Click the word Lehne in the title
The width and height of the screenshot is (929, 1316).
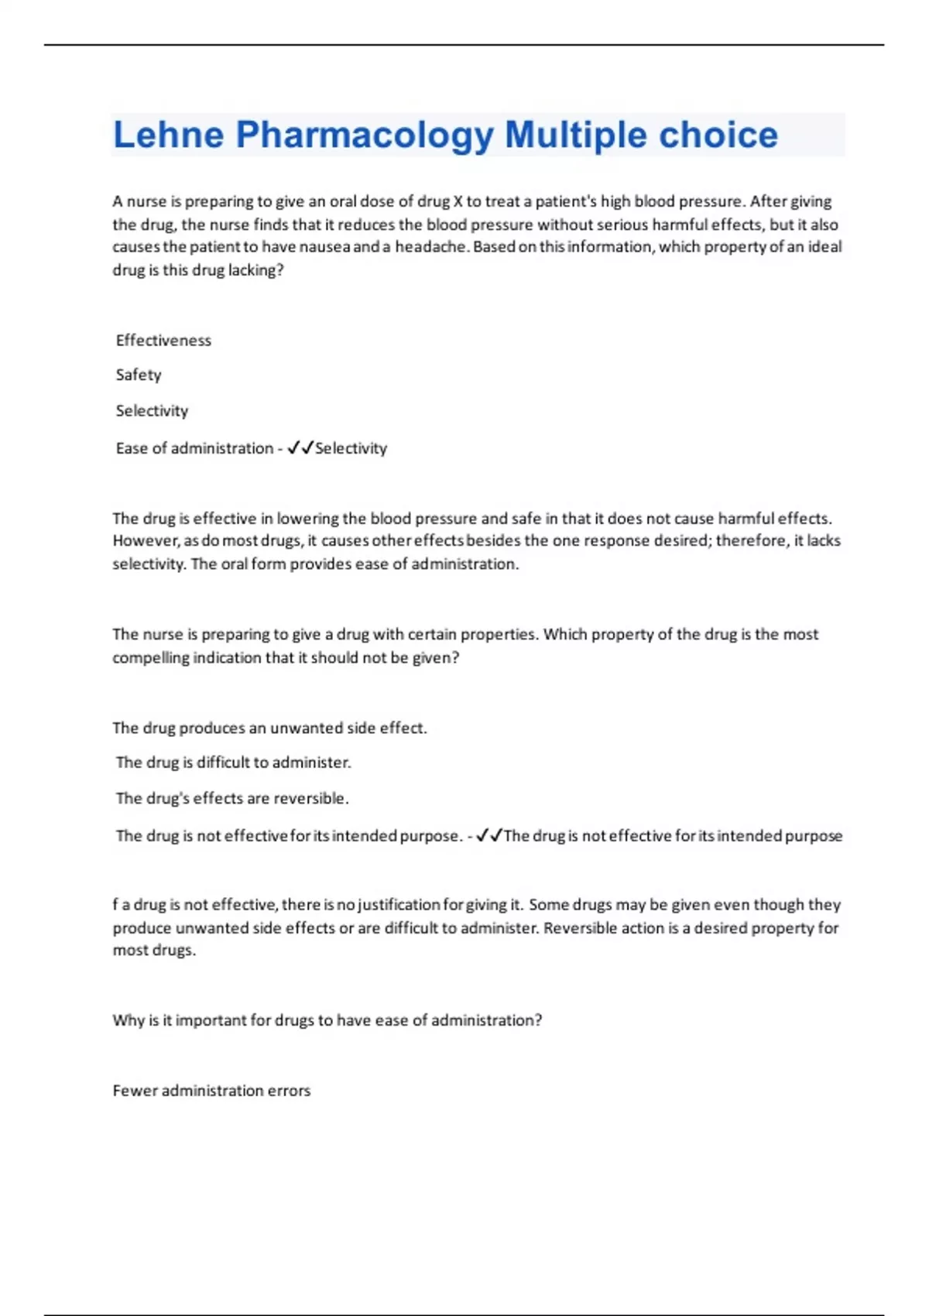tap(169, 135)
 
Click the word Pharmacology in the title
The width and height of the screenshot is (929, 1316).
tap(365, 135)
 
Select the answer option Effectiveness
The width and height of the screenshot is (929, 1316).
tap(163, 341)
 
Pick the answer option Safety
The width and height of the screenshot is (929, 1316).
tap(139, 375)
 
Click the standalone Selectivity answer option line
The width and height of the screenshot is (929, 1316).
tap(152, 411)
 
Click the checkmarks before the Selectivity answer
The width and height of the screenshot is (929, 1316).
tap(300, 447)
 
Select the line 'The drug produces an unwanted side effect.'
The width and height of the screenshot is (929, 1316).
tap(269, 728)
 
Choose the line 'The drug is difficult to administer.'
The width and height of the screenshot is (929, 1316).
tap(233, 763)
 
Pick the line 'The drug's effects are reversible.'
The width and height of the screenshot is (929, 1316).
tap(232, 798)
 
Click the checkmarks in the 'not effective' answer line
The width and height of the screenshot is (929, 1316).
tap(489, 835)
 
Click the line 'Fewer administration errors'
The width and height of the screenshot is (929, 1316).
tap(211, 1091)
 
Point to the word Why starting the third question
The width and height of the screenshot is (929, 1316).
tap(125, 1020)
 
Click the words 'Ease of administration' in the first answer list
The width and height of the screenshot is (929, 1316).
tap(194, 448)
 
